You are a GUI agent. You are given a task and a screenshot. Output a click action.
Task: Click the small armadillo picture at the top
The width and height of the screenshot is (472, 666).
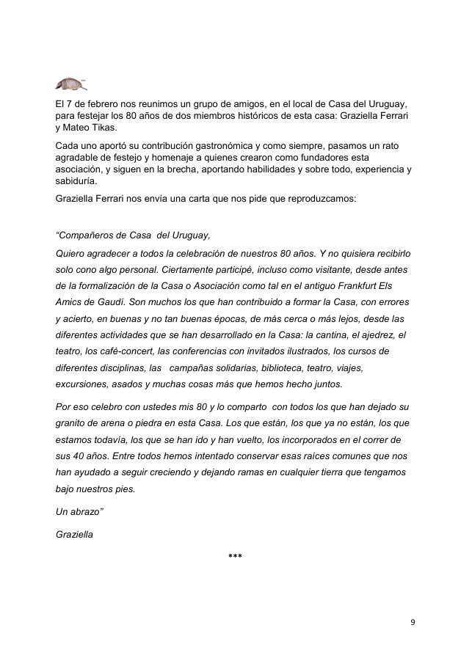70,83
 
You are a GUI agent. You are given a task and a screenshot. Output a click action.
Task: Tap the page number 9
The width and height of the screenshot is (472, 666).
413,622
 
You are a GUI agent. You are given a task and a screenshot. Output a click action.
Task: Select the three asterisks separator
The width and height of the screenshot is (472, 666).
236,557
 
